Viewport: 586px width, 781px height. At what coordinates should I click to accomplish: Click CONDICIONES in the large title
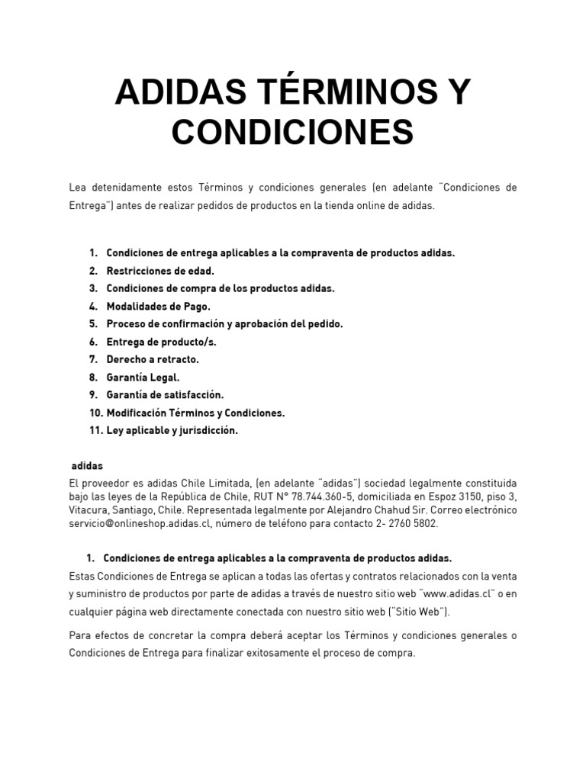pos(293,132)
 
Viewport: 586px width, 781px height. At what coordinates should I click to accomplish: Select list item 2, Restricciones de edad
pos(160,271)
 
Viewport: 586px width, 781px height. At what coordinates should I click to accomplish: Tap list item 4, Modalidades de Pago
pos(158,306)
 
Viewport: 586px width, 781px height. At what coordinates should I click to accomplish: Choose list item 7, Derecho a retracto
pos(153,359)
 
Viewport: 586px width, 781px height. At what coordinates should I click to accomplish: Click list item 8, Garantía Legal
pos(143,378)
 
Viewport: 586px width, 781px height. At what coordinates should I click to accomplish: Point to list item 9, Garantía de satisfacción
pos(165,395)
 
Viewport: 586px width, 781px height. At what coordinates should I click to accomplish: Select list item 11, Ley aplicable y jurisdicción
pos(172,431)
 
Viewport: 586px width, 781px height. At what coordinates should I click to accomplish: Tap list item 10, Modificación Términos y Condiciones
pos(195,413)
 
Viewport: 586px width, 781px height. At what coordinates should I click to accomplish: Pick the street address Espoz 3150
pos(442,497)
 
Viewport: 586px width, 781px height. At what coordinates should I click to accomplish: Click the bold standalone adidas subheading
pos(87,465)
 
